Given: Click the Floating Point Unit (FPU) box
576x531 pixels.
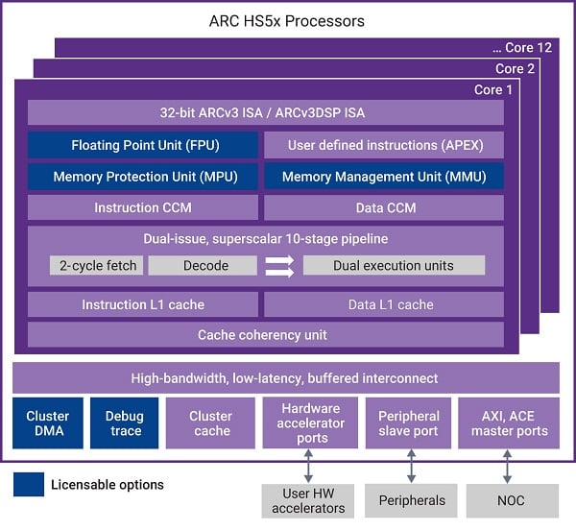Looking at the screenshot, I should coord(142,145).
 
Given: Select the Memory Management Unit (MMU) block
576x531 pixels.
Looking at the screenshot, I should coord(383,177).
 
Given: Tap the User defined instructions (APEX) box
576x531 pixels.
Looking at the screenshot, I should coord(383,145).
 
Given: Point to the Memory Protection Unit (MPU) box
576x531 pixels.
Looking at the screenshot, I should coord(142,177).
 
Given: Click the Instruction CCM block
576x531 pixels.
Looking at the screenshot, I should coord(142,207).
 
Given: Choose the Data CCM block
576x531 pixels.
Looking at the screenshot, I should coord(383,207).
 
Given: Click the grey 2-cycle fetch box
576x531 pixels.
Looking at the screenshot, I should coord(96,265).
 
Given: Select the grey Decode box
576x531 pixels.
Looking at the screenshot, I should coord(202,265).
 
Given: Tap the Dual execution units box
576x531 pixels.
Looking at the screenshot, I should coord(394,265).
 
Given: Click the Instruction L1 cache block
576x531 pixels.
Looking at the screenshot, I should coord(142,304).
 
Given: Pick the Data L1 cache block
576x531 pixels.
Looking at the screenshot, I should coord(383,304).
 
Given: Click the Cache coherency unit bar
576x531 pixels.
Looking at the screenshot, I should coord(265,335).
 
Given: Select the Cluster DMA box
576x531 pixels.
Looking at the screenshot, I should coord(47,423).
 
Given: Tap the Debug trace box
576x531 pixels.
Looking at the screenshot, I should coord(125,423).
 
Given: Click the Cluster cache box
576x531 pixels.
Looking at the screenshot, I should coord(210,423).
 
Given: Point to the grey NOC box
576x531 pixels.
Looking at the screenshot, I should coord(512,500).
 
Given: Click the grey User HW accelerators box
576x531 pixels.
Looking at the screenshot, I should coord(309,500).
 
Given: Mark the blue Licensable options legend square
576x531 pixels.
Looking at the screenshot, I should coord(29,484).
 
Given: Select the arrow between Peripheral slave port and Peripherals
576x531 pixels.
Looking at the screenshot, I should coord(411,467).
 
